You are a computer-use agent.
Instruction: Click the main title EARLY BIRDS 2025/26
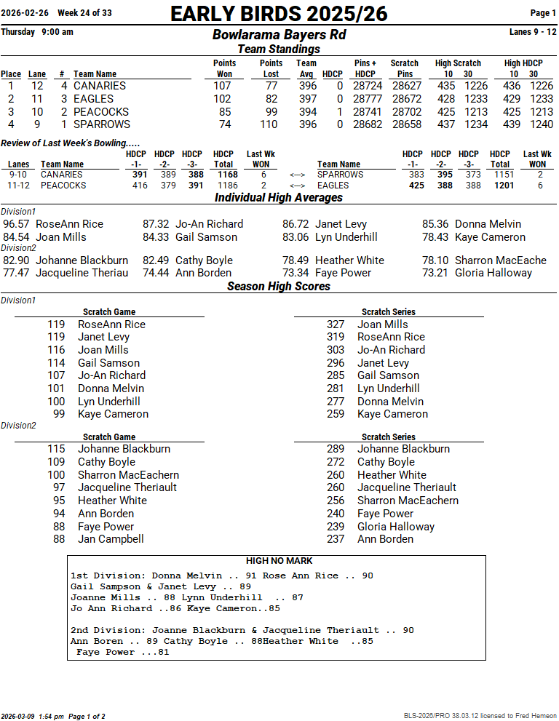[x=279, y=14]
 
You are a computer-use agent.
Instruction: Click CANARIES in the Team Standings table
[x=99, y=86]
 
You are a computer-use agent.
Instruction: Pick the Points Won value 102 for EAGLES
[x=222, y=99]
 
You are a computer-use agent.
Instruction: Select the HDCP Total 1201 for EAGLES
[x=504, y=186]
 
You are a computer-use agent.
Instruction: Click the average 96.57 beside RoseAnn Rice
[x=17, y=224]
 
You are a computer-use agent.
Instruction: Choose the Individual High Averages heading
[x=279, y=198]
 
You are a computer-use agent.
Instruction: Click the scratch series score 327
[x=336, y=324]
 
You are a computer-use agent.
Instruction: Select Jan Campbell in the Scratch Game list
[x=111, y=539]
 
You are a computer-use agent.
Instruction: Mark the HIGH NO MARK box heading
[x=279, y=561]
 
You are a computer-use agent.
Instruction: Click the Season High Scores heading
[x=279, y=286]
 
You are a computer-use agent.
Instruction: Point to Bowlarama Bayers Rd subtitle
[x=279, y=35]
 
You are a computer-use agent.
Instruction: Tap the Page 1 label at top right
[x=543, y=13]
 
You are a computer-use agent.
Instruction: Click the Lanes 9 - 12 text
[x=533, y=32]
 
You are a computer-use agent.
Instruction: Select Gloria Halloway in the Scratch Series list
[x=395, y=527]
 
